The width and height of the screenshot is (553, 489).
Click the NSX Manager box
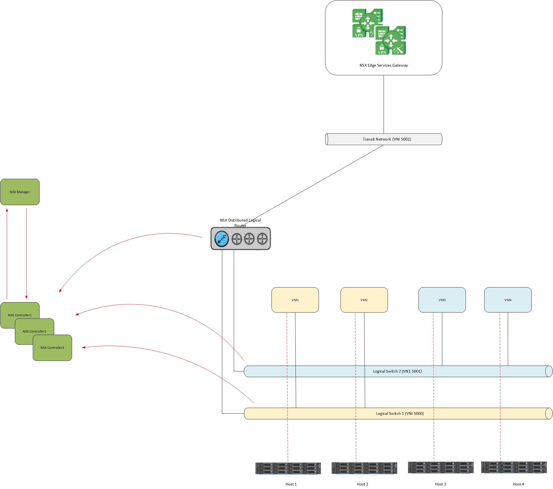coord(20,192)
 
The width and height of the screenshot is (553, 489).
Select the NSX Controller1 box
coord(11,311)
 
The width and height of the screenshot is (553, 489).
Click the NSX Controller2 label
coord(34,331)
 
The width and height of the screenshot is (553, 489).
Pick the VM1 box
coord(295,300)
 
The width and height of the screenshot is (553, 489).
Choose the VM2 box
coord(364,300)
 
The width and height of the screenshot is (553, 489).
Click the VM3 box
coord(442,300)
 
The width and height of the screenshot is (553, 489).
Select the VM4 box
coord(508,300)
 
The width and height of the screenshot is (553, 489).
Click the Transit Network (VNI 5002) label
coord(387,139)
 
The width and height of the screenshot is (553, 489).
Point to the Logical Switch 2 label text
coord(397,371)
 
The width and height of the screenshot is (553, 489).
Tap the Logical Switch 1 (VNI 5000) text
coord(400,413)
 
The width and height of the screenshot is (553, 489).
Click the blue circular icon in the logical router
coord(221,239)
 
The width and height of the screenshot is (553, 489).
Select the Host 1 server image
coord(288,468)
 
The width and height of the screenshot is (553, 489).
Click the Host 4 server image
coord(514,467)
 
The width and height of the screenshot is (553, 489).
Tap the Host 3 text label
coord(440,484)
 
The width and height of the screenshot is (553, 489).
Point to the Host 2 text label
coord(362,484)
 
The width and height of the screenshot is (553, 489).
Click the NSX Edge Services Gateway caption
coord(383,65)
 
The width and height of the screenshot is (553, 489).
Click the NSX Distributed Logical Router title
coord(240,223)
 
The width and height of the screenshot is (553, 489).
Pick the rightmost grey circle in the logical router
coord(262,239)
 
